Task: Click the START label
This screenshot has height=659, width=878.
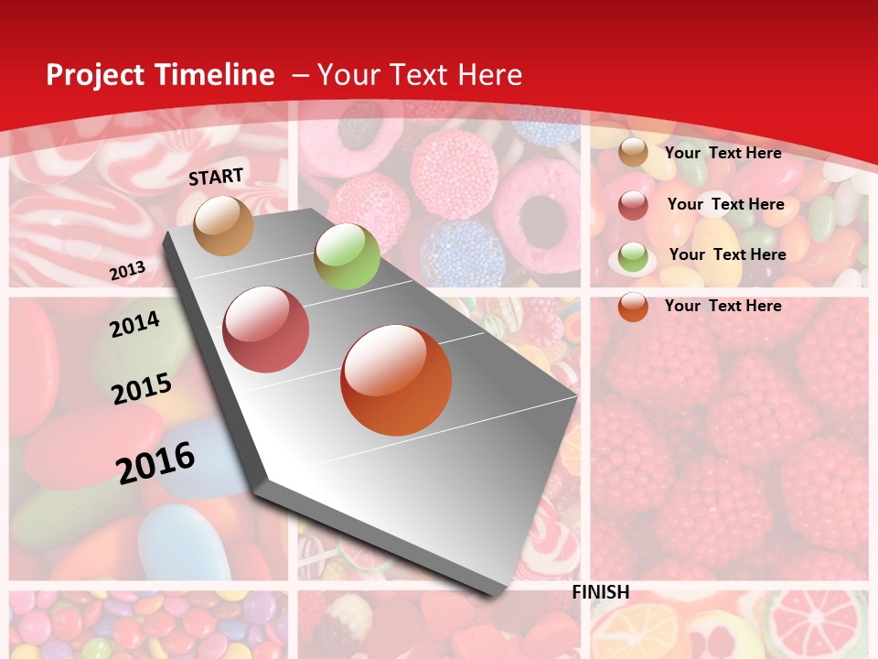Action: (216, 177)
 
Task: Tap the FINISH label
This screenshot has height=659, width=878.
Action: (601, 592)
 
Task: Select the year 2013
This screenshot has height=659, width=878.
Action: (127, 271)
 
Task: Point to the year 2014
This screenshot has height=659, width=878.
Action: (134, 324)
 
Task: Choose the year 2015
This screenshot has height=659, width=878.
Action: (142, 389)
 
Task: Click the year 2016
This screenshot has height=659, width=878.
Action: (156, 462)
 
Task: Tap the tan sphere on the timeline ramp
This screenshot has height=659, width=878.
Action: (224, 225)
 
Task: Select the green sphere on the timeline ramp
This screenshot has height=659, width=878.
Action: (347, 256)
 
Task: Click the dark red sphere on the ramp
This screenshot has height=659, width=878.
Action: (266, 329)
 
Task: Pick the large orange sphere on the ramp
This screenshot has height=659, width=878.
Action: (396, 380)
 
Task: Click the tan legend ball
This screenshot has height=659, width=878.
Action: (633, 153)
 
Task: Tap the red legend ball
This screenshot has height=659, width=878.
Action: (633, 205)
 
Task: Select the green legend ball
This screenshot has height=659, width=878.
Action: (633, 256)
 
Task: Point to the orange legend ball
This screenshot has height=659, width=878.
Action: (633, 307)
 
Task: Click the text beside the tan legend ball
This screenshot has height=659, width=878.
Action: (723, 153)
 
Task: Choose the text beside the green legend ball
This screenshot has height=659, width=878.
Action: (727, 254)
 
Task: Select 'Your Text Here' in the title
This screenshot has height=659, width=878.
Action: (420, 75)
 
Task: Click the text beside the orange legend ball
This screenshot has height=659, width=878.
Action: (723, 306)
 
